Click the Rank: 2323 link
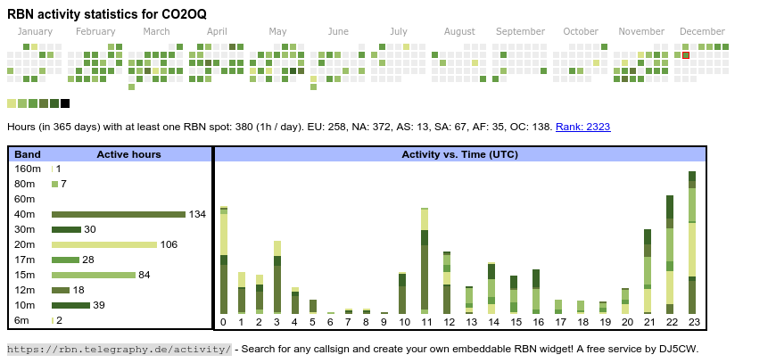[582, 127]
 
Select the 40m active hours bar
[118, 214]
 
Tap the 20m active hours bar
[104, 244]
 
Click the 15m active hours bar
[94, 275]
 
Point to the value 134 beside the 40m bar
[197, 214]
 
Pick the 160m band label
[28, 169]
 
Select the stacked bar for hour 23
[692, 242]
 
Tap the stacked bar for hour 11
[425, 260]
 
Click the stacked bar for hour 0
[224, 260]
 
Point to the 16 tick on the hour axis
[538, 322]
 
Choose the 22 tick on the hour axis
[670, 322]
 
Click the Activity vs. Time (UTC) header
[460, 154]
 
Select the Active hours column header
[128, 154]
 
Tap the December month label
[702, 31]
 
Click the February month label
[95, 31]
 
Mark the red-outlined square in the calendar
[686, 55]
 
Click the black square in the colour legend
[65, 103]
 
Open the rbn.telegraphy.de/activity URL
[120, 349]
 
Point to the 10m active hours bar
[70, 305]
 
